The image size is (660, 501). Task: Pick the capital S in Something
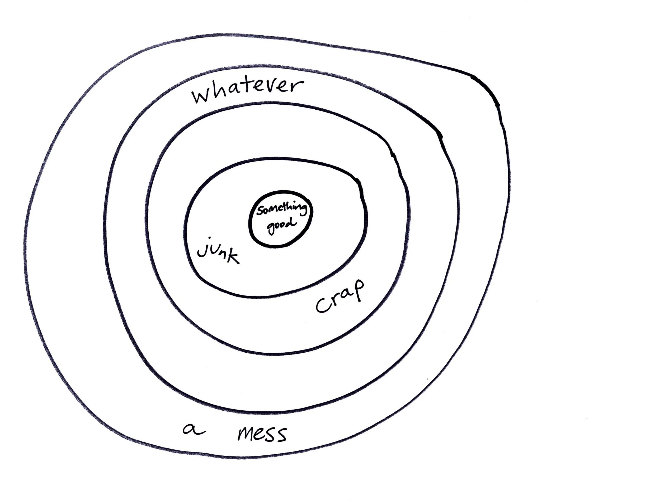pos(260,211)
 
